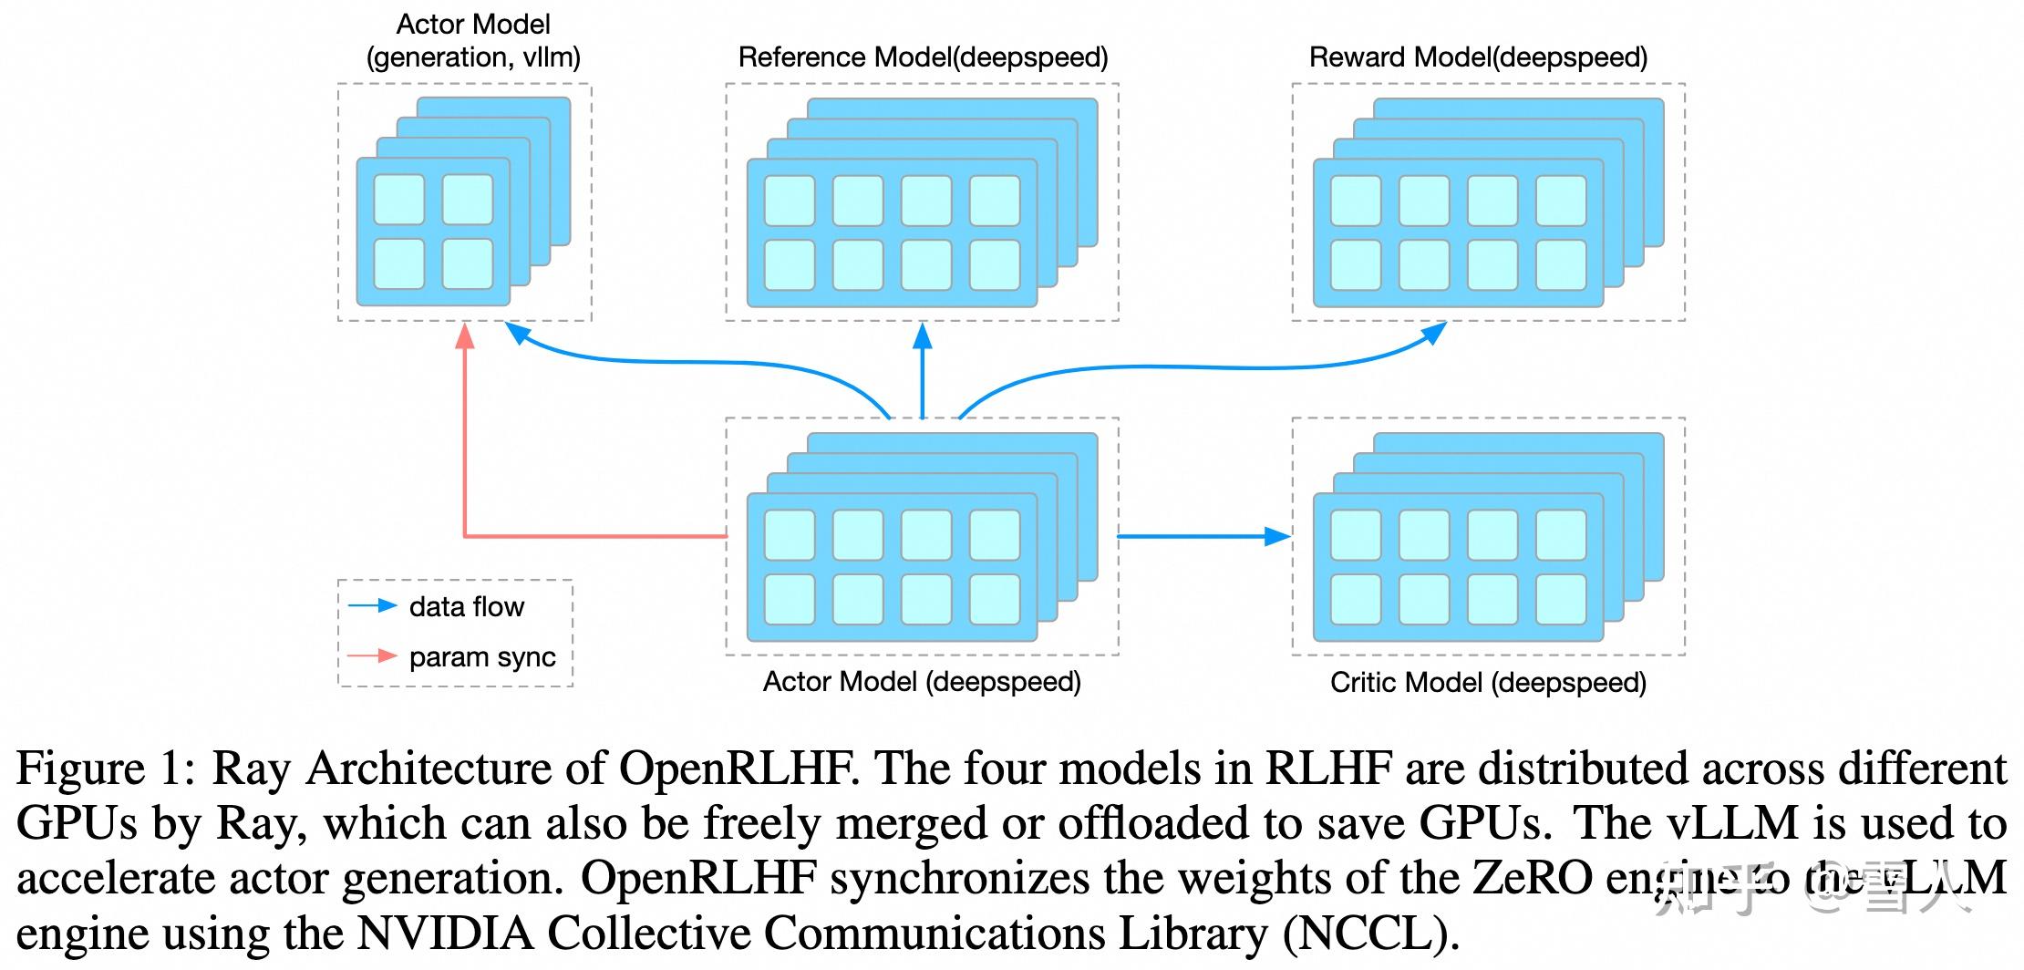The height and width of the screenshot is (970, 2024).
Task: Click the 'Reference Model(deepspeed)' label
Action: click(923, 57)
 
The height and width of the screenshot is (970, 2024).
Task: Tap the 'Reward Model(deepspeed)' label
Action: click(1478, 57)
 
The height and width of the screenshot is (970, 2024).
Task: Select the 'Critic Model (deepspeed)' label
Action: click(1488, 682)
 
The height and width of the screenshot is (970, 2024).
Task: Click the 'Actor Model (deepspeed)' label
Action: click(922, 681)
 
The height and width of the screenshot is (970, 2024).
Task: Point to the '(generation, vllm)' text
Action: click(473, 57)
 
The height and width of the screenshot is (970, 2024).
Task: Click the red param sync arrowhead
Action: click(465, 337)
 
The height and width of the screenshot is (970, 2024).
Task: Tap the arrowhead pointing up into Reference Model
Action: click(923, 337)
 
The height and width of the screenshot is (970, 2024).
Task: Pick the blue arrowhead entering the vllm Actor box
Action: click(518, 334)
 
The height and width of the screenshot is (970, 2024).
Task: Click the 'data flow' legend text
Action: click(466, 606)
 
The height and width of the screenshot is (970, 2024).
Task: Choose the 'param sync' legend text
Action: click(482, 656)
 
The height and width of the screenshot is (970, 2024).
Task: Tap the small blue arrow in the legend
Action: click(374, 605)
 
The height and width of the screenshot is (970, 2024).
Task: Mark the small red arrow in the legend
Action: click(374, 655)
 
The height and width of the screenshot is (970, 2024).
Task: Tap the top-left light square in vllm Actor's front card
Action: click(399, 199)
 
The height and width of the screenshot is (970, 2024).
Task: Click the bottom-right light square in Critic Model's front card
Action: click(1561, 598)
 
